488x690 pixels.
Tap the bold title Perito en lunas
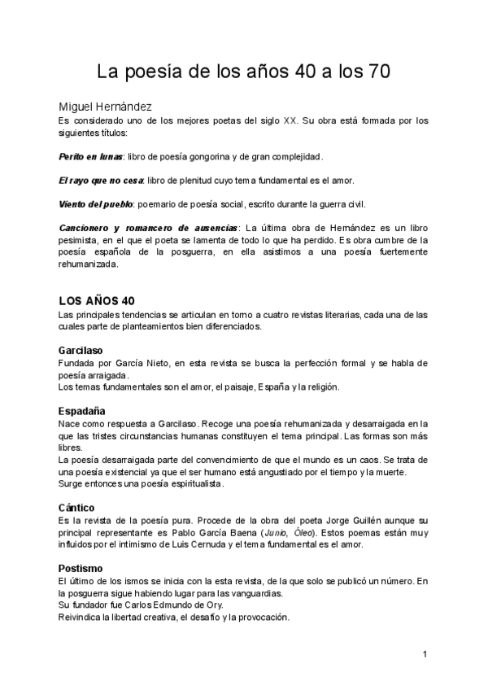(85, 156)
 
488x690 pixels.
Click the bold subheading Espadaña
(83, 411)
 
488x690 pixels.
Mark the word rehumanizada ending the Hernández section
(88, 264)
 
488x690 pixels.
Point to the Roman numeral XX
(290, 120)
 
